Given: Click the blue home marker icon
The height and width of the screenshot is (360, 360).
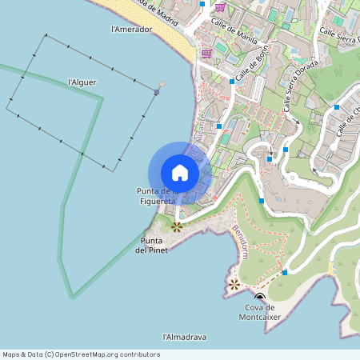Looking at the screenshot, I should click(179, 172).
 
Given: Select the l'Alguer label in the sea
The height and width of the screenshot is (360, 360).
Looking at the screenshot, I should click(82, 82).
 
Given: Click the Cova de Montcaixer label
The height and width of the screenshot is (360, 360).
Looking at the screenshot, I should click(259, 312).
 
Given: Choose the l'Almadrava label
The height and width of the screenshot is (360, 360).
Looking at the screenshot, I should click(184, 338).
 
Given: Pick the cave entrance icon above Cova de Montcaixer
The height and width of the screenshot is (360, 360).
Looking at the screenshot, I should click(259, 297).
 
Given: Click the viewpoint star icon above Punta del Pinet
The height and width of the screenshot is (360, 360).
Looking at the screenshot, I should click(177, 226).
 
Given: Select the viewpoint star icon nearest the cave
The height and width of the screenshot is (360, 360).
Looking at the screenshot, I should click(234, 283).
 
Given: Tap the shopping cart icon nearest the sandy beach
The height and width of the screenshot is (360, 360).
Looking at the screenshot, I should click(206, 54).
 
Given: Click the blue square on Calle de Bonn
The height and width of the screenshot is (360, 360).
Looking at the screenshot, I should click(232, 81).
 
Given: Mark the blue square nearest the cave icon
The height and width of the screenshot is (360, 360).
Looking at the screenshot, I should click(285, 273).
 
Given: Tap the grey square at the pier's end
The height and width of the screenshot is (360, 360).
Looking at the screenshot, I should click(162, 83).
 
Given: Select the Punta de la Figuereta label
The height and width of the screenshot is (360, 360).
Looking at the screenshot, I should click(156, 196).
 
